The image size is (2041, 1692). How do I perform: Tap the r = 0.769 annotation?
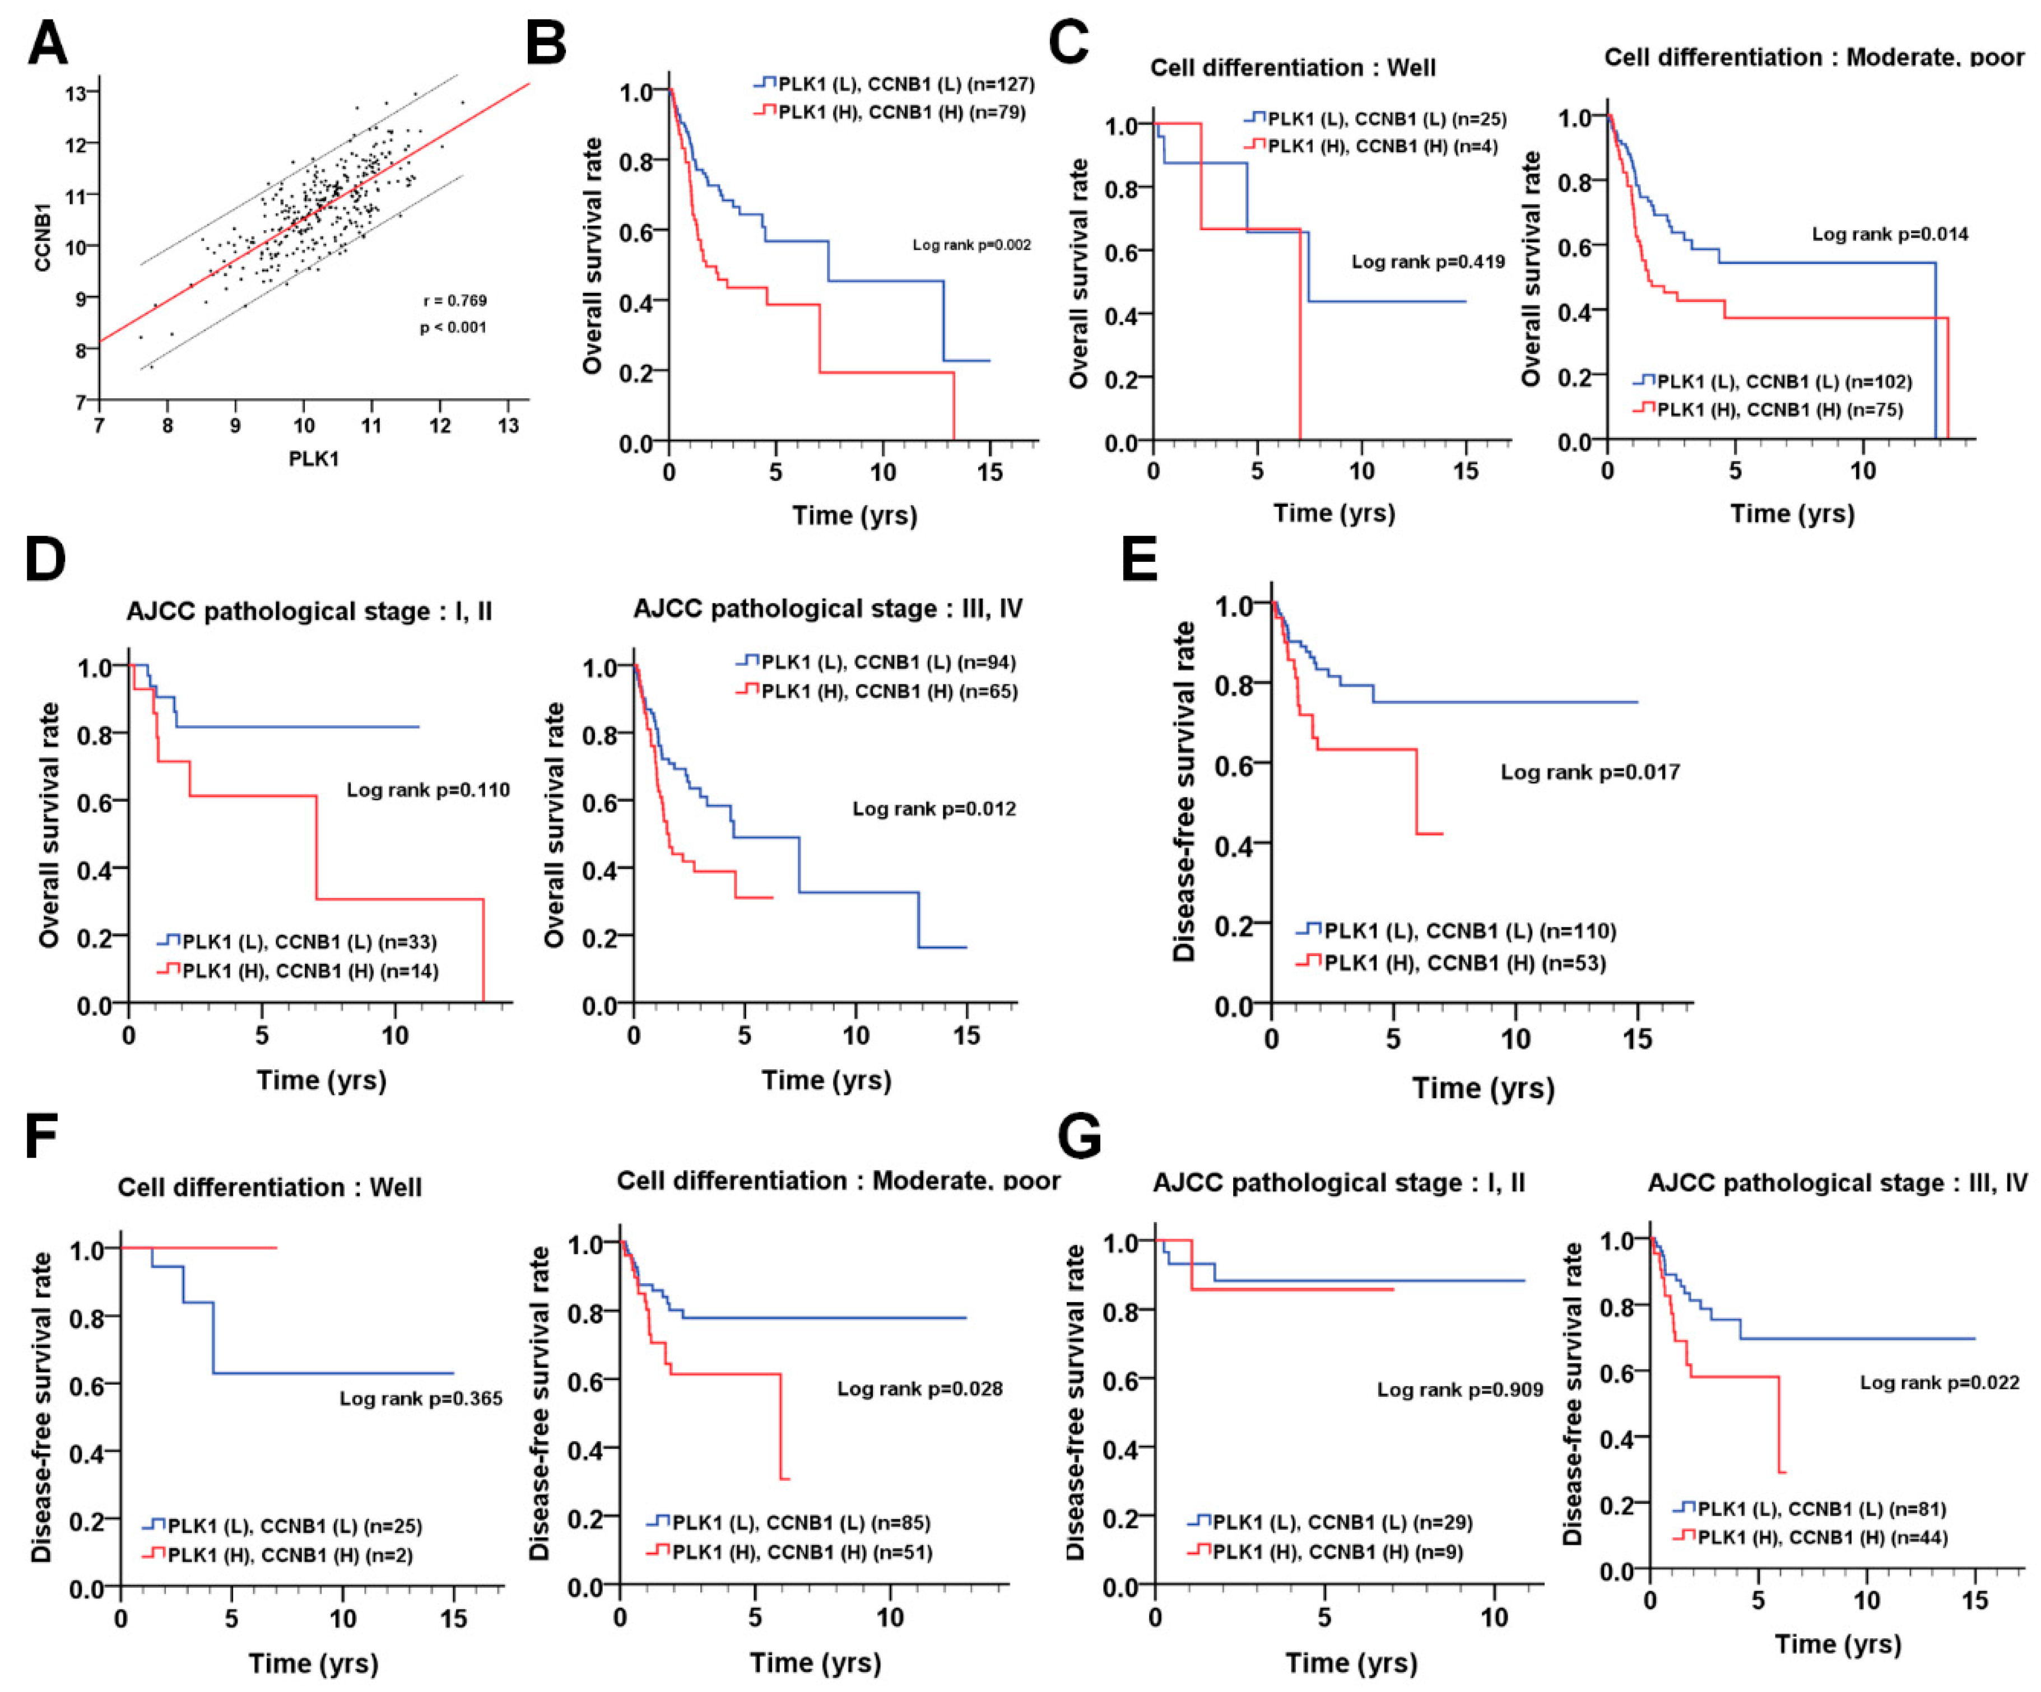(x=455, y=300)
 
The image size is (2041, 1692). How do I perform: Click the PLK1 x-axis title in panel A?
(x=314, y=459)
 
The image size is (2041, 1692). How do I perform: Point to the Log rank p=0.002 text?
(x=971, y=245)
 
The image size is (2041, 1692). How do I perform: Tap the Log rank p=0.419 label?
(x=1428, y=262)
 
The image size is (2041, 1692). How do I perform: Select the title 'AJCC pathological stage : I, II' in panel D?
(x=309, y=611)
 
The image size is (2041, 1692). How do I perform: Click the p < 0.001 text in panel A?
(x=453, y=328)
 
